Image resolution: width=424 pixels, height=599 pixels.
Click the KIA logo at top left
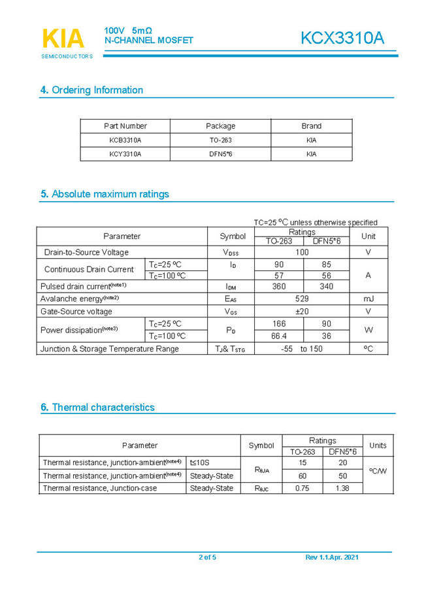64,40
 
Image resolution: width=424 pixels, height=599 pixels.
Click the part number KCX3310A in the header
342,39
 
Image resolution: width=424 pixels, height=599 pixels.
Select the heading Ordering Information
91,90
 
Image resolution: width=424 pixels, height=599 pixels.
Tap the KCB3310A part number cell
125,140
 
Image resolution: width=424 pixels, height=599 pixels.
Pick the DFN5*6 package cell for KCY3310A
220,154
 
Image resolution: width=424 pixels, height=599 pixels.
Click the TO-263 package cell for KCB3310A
220,140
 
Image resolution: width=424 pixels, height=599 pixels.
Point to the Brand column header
311,126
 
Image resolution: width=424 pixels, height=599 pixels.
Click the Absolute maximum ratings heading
105,194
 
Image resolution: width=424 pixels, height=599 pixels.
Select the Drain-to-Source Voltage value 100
302,252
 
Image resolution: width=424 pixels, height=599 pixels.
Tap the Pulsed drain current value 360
279,287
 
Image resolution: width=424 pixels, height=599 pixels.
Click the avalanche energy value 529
302,299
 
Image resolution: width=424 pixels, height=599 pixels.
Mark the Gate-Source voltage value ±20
302,312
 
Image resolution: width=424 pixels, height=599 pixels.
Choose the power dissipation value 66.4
279,336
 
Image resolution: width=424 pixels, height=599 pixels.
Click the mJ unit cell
368,299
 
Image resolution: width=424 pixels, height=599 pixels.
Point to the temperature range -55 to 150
302,349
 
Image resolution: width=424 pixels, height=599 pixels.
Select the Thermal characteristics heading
97,408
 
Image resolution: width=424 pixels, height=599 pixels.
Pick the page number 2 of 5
207,557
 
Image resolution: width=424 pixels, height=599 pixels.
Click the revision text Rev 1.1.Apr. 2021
332,557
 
